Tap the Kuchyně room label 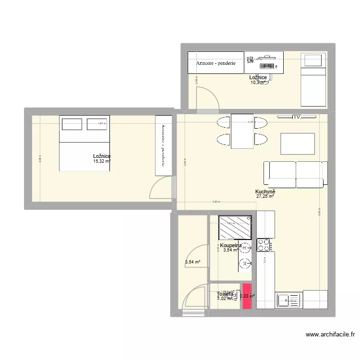tap(265, 191)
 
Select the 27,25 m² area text tap(265, 196)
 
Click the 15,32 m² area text tap(102, 161)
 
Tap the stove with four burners tap(264, 245)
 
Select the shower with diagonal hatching tap(235, 227)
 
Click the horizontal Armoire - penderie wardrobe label tap(216, 63)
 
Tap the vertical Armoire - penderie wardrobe tap(163, 145)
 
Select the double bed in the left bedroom tap(84, 143)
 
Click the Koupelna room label tap(231, 246)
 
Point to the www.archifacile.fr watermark tap(330, 335)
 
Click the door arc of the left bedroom tap(159, 187)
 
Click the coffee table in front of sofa tap(298, 143)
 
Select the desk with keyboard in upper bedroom tap(264, 62)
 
